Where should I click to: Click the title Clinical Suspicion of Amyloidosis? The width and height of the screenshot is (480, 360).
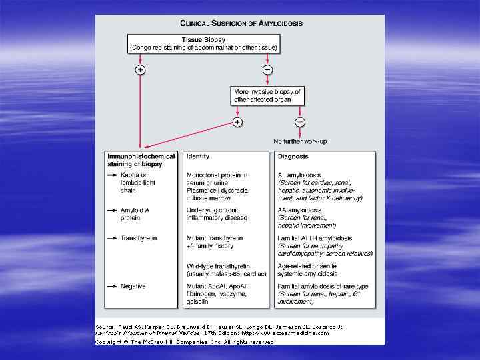coord(241,23)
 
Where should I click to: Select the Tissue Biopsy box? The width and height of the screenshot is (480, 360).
coord(204,43)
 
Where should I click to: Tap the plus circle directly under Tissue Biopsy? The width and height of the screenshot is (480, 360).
coord(140,70)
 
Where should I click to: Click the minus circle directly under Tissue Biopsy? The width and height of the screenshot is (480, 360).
coord(267,70)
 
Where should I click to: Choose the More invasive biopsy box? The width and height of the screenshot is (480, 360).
coord(267,95)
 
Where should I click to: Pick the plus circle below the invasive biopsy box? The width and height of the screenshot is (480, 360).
coord(237,122)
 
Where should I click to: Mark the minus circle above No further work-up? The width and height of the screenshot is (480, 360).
coord(300,121)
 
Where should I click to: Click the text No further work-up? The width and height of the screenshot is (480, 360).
coord(300,141)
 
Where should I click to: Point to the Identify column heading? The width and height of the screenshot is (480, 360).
coord(198,157)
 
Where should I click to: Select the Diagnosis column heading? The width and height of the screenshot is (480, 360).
coord(293,157)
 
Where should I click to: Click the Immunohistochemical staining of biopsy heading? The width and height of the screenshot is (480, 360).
coord(141,160)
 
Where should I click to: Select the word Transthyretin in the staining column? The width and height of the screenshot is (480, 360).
coord(138,238)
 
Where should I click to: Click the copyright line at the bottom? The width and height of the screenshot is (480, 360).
coord(185,342)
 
